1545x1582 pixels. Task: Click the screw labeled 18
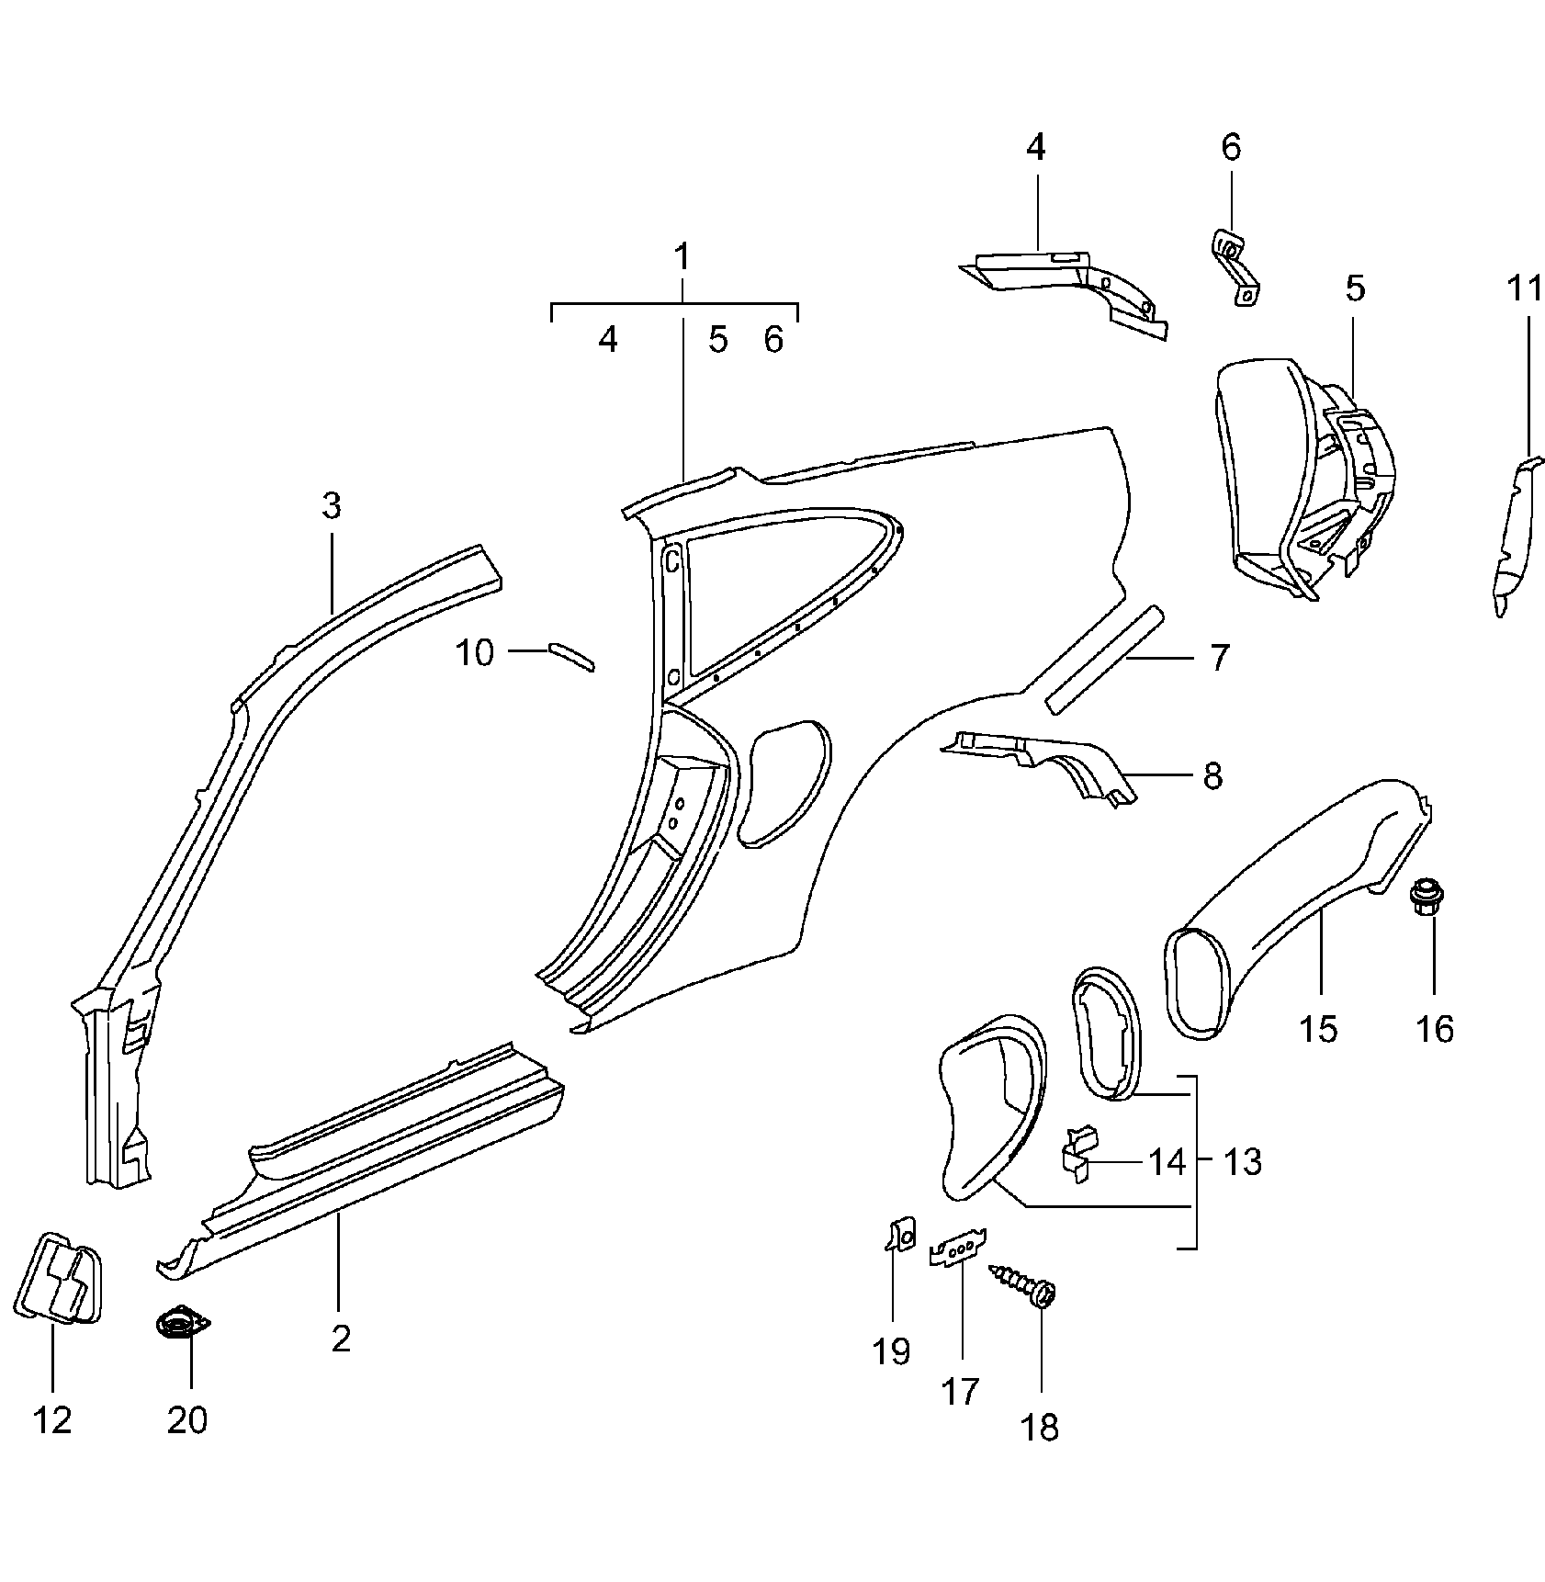click(x=1027, y=1284)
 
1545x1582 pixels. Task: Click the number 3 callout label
click(x=331, y=505)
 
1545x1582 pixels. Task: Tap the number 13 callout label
click(x=1242, y=1162)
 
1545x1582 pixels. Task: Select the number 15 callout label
click(x=1318, y=1028)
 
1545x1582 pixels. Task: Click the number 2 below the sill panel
click(x=341, y=1339)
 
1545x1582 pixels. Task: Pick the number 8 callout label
click(x=1212, y=776)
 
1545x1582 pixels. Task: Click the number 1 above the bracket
click(x=682, y=257)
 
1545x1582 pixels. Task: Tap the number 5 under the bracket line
click(x=717, y=340)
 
